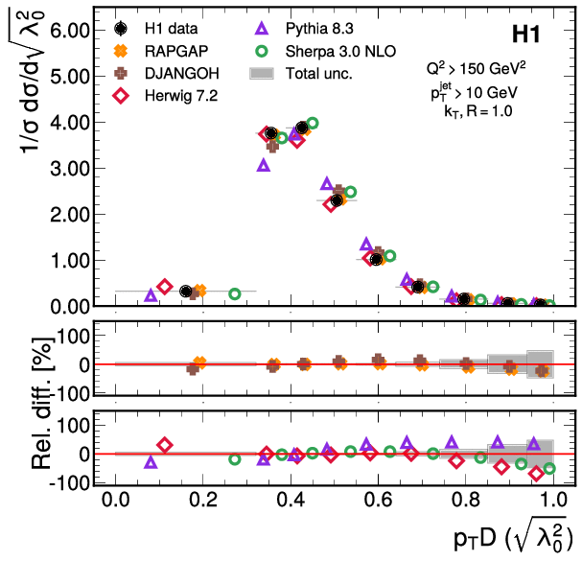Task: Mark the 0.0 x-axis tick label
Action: [115, 502]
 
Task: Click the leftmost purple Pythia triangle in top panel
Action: [151, 294]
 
